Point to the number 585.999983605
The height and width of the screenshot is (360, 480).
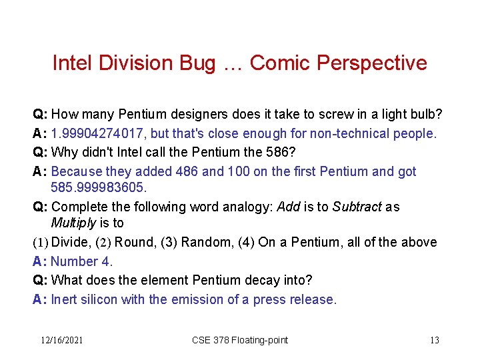[x=97, y=188]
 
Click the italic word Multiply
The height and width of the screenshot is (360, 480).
[x=73, y=223]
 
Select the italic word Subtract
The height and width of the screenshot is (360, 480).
[x=357, y=207]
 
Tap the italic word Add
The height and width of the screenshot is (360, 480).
[x=288, y=207]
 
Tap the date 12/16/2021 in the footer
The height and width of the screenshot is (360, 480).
[x=61, y=340]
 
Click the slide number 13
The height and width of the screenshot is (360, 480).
[x=434, y=340]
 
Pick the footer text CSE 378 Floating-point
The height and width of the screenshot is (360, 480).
[x=240, y=340]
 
